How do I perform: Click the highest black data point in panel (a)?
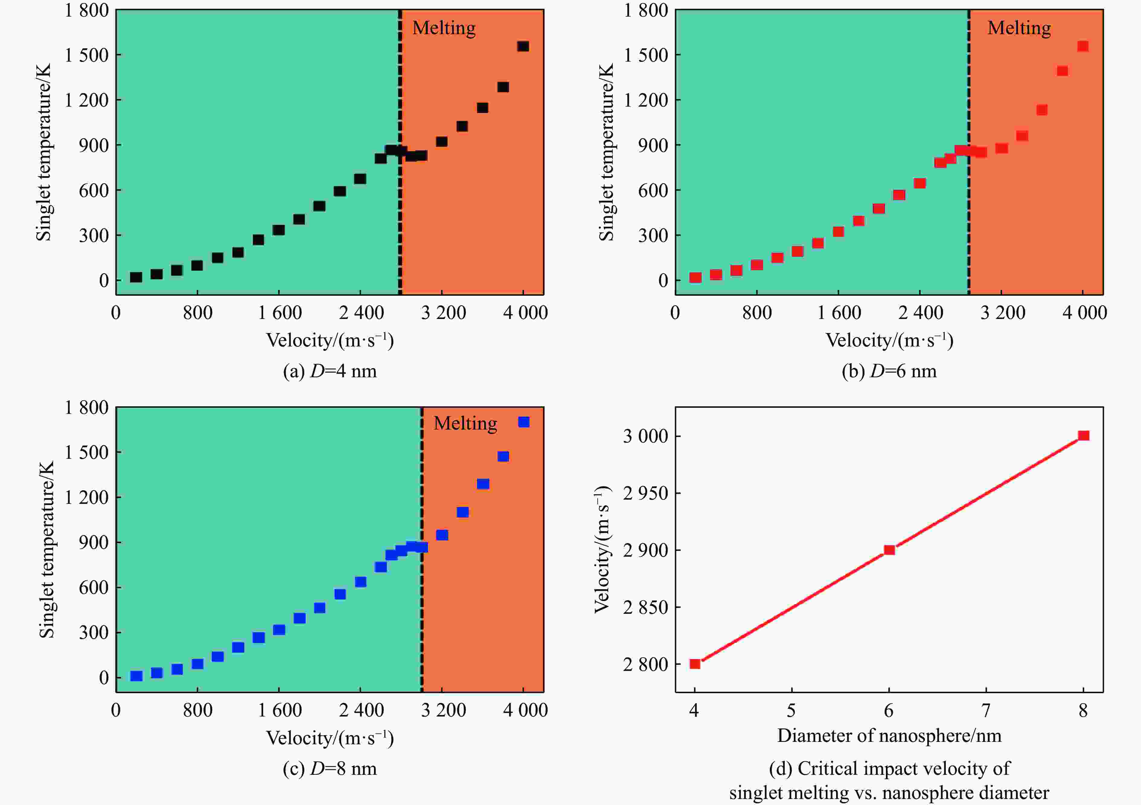pyautogui.click(x=523, y=46)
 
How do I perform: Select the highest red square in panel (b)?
pyautogui.click(x=1083, y=46)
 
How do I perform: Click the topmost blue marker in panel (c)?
pyautogui.click(x=524, y=422)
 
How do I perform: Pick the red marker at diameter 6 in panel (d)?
pyautogui.click(x=889, y=550)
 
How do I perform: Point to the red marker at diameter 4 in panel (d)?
pyautogui.click(x=695, y=664)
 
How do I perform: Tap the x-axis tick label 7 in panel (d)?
pyautogui.click(x=986, y=710)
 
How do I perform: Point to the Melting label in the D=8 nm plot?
pyautogui.click(x=465, y=423)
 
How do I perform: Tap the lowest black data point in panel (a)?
pyautogui.click(x=136, y=277)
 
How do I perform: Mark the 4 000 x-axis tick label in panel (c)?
pyautogui.click(x=525, y=710)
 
